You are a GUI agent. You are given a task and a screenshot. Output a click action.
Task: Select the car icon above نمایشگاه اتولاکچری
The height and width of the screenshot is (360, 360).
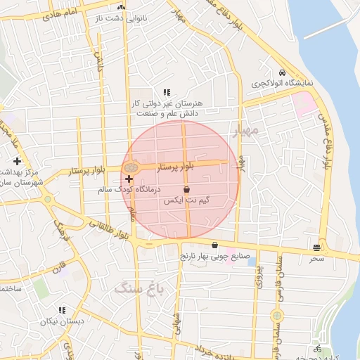coord(281,73)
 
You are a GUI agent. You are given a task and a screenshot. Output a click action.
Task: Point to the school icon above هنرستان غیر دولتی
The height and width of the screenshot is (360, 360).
coord(167,92)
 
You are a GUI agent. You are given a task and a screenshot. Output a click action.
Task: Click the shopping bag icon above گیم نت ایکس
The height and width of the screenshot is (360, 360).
coord(186,190)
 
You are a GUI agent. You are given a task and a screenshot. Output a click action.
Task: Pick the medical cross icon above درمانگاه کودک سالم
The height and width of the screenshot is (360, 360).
coord(129,179)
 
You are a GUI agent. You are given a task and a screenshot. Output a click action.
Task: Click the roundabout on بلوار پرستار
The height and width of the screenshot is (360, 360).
coord(130,169)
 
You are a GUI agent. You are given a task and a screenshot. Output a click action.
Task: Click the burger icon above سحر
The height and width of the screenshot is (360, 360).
coord(318,247)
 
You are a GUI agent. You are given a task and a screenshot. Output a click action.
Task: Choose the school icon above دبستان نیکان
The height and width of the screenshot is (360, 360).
coord(62,309)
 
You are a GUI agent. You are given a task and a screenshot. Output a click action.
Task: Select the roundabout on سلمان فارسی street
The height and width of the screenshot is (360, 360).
coord(277,316)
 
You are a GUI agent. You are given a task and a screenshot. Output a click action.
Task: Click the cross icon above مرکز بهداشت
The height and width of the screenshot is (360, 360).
coord(17,162)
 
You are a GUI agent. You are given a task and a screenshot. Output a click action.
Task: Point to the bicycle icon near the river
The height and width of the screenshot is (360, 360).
coord(318,349)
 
